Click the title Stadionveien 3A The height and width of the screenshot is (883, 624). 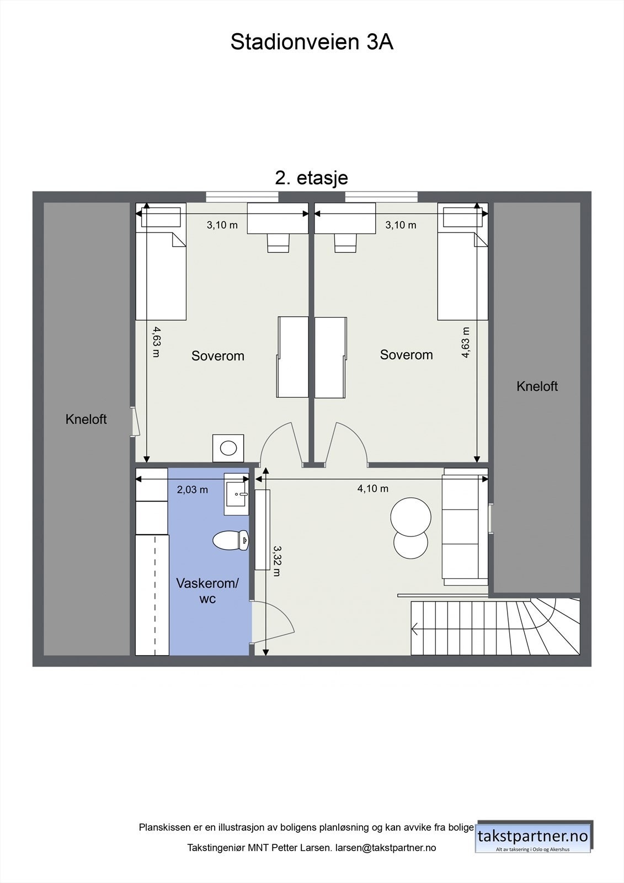tap(312, 42)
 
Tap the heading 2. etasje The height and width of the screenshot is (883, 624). tap(312, 178)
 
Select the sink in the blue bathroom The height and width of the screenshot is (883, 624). tap(237, 494)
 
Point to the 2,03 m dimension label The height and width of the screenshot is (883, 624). tap(192, 490)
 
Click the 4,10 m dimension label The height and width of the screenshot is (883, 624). tap(373, 488)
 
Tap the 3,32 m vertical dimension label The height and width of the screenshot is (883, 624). tap(278, 561)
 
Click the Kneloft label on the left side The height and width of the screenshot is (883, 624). tap(86, 419)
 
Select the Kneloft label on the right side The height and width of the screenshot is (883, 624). tap(537, 386)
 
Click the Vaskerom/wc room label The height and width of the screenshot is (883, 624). tap(207, 591)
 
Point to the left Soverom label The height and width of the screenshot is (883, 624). tap(218, 356)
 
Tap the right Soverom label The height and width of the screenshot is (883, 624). tap(406, 355)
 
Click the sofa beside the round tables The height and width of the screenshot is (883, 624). tap(465, 527)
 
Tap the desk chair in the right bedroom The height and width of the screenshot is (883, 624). tap(345, 243)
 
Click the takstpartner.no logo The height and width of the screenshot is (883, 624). tap(533, 837)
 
